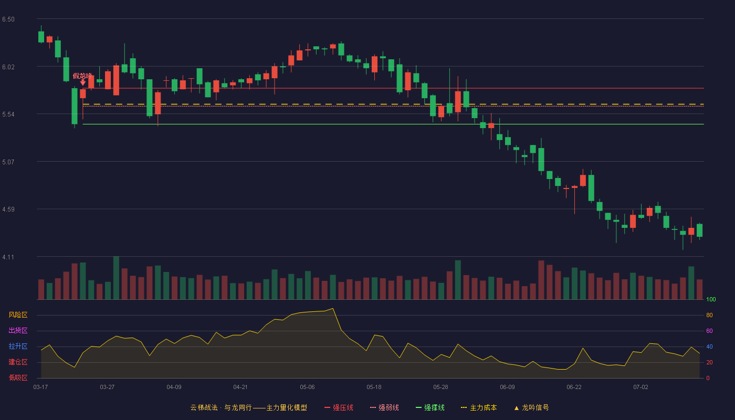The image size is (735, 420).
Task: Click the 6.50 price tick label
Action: [8, 19]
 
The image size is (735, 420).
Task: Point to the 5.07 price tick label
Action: [8, 162]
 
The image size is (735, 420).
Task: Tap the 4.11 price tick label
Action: [8, 257]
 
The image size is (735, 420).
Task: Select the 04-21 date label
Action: [240, 387]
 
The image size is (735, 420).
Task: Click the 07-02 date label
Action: [640, 387]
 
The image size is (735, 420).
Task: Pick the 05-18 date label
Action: [374, 387]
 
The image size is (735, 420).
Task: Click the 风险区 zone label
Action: [18, 315]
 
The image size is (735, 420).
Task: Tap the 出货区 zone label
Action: [18, 330]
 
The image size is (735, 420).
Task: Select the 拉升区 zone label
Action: [18, 346]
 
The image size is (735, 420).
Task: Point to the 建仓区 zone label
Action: [18, 362]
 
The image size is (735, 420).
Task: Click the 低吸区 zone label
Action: [18, 377]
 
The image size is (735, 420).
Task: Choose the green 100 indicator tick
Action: [711, 299]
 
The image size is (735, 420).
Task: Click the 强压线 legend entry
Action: [339, 407]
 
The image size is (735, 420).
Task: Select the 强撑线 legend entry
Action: [430, 407]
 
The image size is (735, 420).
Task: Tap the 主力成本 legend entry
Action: [479, 407]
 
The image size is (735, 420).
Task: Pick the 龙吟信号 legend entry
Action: [531, 407]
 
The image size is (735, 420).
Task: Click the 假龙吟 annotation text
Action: [82, 76]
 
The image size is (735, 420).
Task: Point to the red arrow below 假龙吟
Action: [83, 82]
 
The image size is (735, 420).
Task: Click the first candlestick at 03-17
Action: [41, 36]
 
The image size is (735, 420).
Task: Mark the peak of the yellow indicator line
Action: [333, 309]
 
